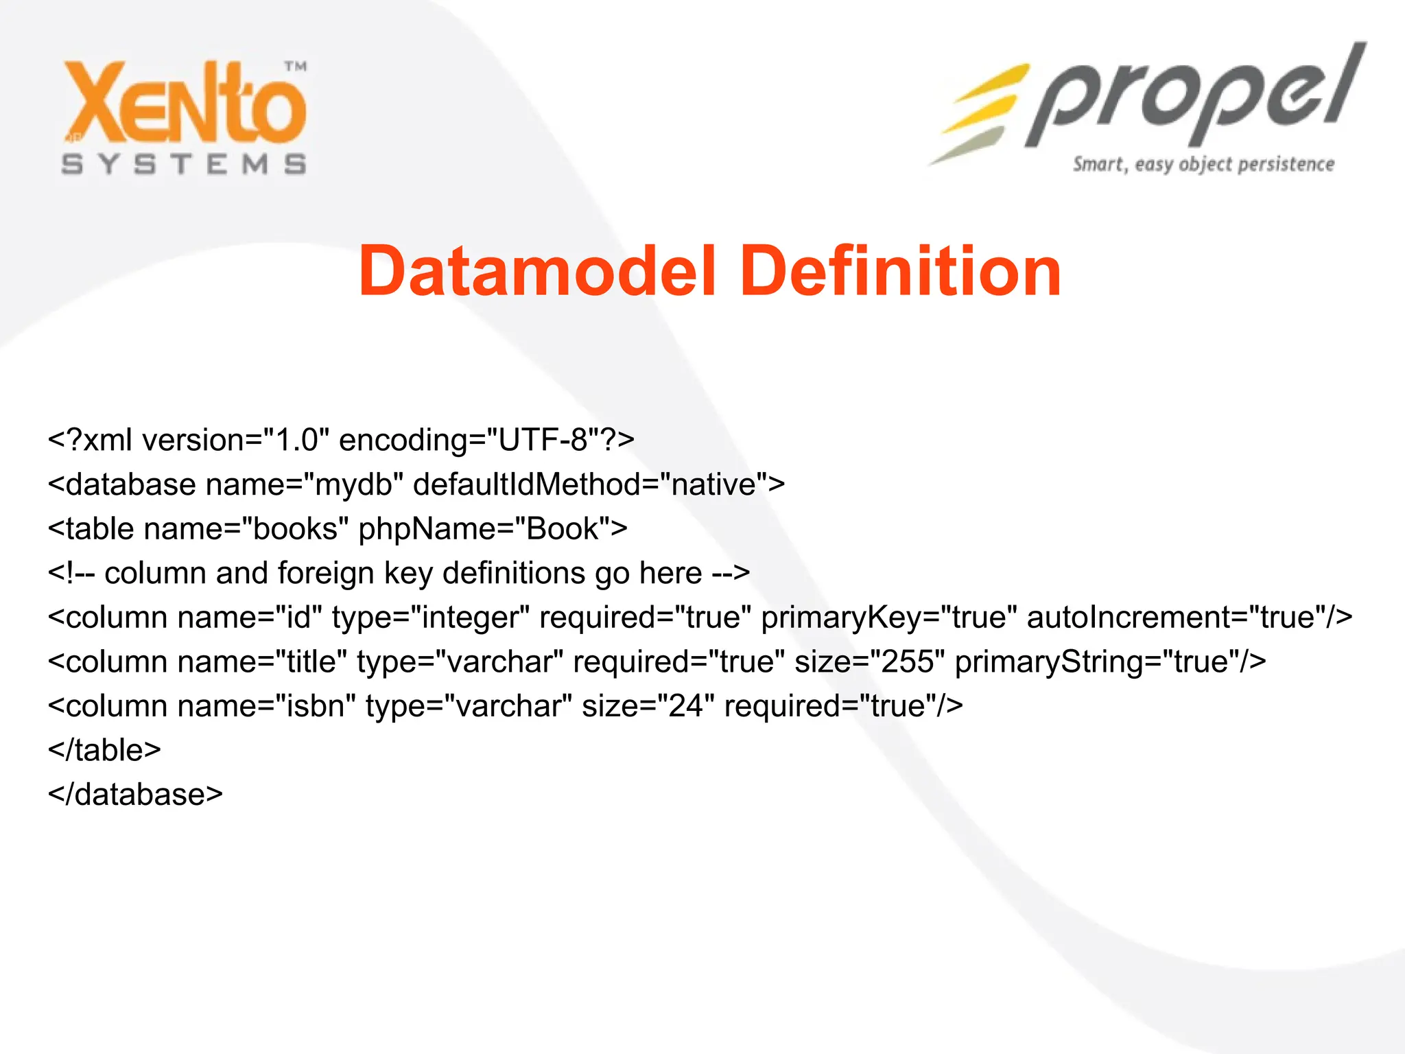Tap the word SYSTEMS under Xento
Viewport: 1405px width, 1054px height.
tap(184, 165)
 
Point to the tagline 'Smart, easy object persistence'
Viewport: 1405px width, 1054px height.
tap(1203, 165)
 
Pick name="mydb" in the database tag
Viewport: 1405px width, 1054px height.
tap(303, 485)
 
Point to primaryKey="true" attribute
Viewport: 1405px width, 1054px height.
tap(888, 618)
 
